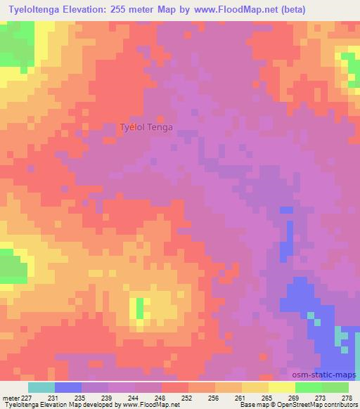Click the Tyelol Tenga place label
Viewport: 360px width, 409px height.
[x=146, y=127]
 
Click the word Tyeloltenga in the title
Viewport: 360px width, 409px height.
[x=38, y=9]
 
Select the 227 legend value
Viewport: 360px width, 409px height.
[x=26, y=398]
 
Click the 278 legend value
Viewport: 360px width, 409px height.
[x=346, y=398]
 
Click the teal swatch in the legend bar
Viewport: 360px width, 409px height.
[x=41, y=387]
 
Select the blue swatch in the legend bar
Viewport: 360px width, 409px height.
[x=68, y=387]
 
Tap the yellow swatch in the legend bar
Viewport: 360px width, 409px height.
[x=281, y=387]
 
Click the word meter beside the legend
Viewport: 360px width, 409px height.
[x=9, y=398]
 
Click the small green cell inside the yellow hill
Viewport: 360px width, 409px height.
[x=139, y=306]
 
